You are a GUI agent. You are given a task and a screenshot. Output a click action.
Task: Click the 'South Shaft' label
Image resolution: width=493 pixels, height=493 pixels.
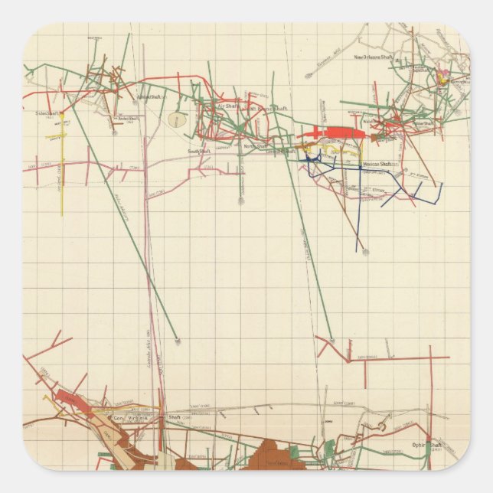199,151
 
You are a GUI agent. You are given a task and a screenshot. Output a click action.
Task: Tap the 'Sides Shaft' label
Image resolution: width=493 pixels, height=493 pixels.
47,113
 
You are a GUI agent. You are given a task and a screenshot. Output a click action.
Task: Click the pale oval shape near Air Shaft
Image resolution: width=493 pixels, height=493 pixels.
178,120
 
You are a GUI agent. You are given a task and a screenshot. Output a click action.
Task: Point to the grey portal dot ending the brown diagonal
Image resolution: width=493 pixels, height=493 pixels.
365,252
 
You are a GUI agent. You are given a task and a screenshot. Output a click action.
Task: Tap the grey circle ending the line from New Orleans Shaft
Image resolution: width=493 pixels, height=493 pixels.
309,77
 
